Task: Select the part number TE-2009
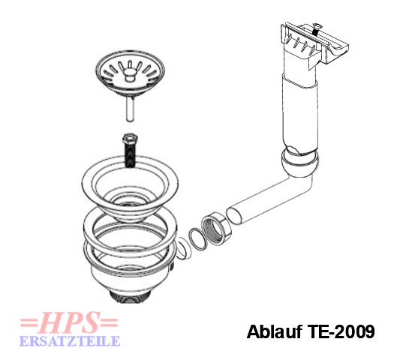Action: click(341, 331)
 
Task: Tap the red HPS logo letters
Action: click(69, 322)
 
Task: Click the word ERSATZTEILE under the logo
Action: click(70, 341)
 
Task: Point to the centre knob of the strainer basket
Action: click(130, 75)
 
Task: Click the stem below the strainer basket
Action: click(130, 109)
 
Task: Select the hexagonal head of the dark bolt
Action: click(130, 139)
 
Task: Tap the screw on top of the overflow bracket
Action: click(315, 29)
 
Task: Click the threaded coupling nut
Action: click(215, 228)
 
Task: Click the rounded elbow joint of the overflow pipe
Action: click(299, 164)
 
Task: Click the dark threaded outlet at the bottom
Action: click(130, 296)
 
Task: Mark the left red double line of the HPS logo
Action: click(29, 322)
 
